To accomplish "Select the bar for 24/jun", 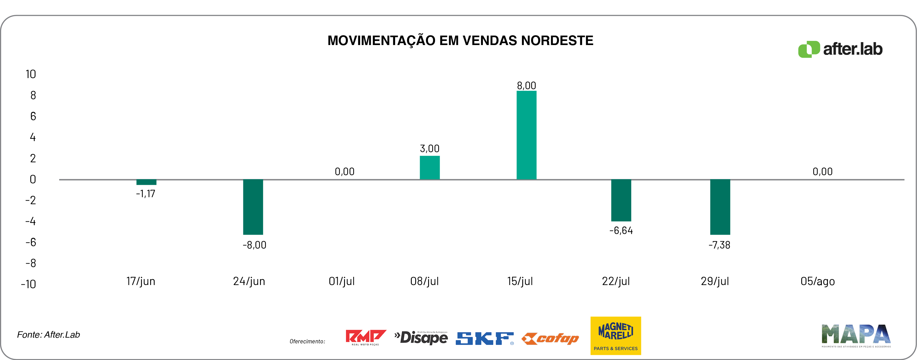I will [x=253, y=207].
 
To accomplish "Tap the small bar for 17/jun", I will [x=146, y=182].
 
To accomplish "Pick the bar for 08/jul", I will [x=429, y=167].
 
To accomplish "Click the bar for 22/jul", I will [x=621, y=200].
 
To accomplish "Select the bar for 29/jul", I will [x=720, y=207].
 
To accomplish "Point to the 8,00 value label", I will [x=526, y=85].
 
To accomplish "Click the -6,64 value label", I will [x=621, y=230].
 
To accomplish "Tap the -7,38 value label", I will [x=719, y=245].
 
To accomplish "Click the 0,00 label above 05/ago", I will [x=822, y=172].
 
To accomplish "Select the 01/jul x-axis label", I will [x=341, y=281].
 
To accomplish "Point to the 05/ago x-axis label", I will [x=817, y=281].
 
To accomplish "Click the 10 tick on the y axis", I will [x=31, y=74].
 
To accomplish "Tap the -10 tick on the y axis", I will [x=28, y=284].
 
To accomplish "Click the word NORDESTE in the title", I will [x=557, y=41].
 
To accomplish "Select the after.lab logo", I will [x=840, y=49].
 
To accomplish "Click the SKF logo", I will [x=484, y=338].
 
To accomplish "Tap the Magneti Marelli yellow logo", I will [x=615, y=335].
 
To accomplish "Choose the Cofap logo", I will [x=550, y=338].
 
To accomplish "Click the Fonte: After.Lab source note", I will [x=48, y=335].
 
